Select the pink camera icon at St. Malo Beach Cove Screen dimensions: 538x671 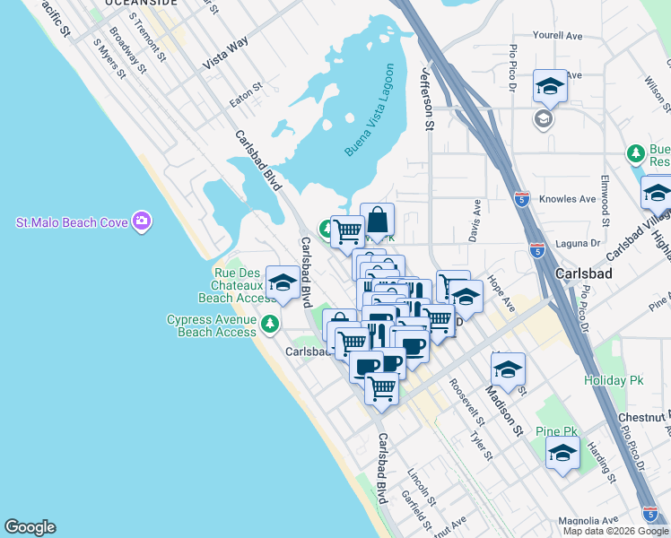tap(142, 221)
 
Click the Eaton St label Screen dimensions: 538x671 tap(246, 95)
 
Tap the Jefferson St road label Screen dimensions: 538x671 tap(426, 101)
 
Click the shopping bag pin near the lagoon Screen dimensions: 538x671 tap(378, 219)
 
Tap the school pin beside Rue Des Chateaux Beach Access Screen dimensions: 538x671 tap(283, 282)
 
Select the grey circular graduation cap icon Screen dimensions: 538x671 tap(544, 118)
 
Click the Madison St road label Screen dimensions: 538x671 tap(503, 403)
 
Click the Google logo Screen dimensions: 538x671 tap(30, 527)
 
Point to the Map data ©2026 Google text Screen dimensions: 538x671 tap(615, 531)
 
